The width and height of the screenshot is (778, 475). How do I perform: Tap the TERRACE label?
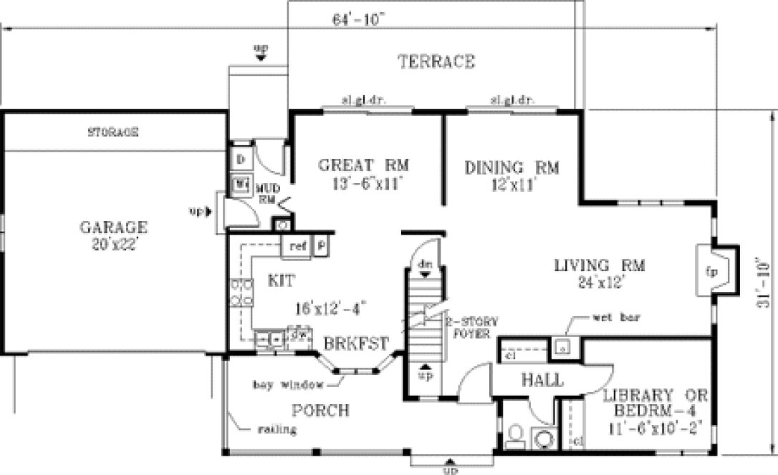[436, 62]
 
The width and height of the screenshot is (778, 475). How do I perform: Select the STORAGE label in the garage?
[113, 132]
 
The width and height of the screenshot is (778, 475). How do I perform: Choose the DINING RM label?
[512, 169]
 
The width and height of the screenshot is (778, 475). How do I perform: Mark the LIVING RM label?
[600, 265]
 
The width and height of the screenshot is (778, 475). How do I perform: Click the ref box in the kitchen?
[297, 246]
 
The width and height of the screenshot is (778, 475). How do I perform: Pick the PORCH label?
[321, 411]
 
